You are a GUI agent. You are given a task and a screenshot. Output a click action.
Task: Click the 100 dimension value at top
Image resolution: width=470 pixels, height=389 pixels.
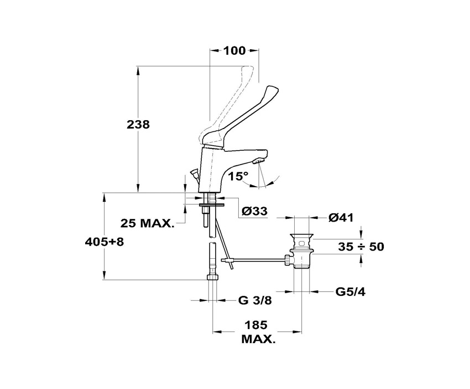234,51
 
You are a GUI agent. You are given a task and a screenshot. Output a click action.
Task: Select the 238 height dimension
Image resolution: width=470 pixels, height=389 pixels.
138,124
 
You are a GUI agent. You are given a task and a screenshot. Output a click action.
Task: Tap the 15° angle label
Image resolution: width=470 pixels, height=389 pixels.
239,176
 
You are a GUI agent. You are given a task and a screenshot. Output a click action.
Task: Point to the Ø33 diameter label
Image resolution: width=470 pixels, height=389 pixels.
254,211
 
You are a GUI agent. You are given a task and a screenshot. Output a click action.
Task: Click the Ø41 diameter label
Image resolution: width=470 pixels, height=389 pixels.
341,217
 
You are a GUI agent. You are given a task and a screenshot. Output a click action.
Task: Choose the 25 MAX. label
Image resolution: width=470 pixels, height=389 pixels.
147,223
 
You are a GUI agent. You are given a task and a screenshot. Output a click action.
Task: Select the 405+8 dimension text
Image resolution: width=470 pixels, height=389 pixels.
105,242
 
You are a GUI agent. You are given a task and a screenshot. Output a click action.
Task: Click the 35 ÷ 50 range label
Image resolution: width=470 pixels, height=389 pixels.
361,247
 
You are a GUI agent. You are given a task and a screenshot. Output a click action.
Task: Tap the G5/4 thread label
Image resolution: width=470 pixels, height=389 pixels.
351,291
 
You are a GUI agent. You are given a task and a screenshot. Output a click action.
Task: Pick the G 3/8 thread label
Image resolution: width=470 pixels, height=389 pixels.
255,300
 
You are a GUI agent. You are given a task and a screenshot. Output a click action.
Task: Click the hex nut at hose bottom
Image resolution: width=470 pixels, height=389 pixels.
213,277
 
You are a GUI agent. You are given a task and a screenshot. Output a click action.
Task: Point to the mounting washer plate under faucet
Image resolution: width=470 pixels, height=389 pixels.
212,205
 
